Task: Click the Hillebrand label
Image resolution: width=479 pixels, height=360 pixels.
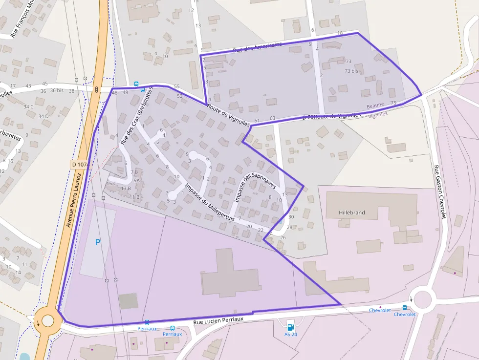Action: (351, 213)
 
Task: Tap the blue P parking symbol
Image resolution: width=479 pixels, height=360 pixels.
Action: (98, 242)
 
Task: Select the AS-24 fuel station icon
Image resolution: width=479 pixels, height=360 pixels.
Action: (290, 327)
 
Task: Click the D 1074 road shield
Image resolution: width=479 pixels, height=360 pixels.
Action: (79, 166)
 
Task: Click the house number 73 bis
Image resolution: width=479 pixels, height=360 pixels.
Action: (351, 71)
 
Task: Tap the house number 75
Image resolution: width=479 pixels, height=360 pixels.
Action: (394, 103)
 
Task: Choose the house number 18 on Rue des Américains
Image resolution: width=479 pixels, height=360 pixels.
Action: (340, 33)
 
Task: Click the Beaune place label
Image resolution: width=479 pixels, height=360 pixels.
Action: (375, 106)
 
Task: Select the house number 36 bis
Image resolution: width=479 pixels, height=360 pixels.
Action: (57, 90)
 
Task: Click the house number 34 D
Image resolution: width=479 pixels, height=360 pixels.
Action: (44, 116)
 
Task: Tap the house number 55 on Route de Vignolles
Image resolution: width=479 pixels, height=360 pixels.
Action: (176, 86)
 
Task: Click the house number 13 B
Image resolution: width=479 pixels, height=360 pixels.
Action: (126, 188)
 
